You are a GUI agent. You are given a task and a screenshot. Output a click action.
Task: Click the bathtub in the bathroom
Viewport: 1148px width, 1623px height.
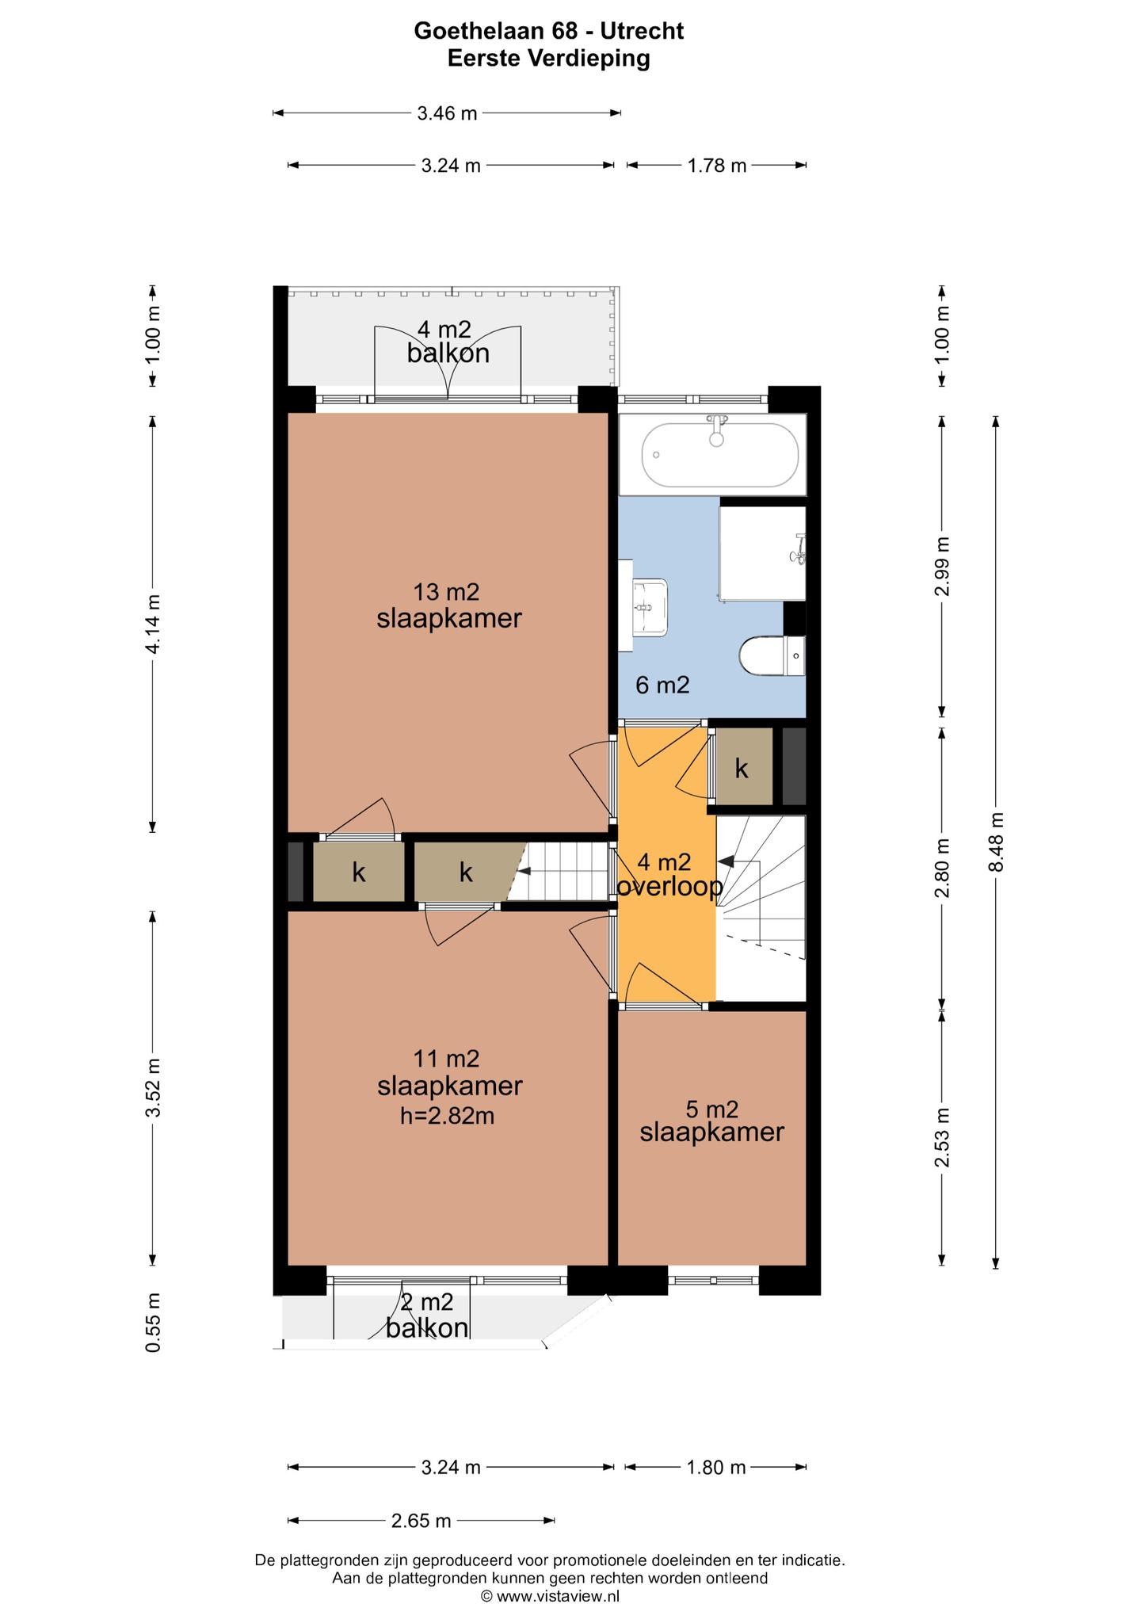720,455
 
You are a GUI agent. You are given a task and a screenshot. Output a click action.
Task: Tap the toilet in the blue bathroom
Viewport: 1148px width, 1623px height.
772,656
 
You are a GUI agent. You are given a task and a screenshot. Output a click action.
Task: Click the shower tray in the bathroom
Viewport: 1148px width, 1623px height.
762,554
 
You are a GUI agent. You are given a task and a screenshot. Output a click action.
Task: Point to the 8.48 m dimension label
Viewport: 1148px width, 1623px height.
997,842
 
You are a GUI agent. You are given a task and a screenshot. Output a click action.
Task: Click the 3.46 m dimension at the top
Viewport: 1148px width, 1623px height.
447,113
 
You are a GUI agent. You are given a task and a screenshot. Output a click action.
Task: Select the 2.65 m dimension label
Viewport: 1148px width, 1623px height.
421,1520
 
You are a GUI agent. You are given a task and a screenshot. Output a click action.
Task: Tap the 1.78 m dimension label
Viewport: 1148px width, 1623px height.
716,166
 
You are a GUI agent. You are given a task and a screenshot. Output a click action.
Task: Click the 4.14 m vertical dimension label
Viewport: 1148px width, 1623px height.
153,624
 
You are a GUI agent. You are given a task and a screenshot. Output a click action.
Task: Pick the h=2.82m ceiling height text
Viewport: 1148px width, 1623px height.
447,1116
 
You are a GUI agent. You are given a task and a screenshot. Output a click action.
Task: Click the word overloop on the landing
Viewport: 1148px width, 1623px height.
669,887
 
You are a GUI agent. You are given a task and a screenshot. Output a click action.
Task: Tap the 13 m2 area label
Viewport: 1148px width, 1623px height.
447,592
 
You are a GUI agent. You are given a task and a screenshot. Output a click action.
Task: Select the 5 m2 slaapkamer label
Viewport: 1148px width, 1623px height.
712,1121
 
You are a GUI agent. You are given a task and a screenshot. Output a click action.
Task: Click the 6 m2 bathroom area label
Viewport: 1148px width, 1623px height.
663,685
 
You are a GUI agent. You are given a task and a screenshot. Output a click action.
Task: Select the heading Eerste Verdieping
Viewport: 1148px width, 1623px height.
548,58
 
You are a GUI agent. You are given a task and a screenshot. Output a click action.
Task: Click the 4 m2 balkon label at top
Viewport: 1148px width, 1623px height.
448,341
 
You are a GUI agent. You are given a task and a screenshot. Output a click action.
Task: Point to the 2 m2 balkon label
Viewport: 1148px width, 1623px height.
427,1315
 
